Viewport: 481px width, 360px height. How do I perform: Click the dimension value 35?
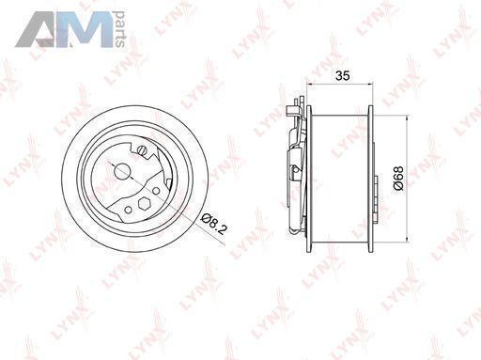tap(342, 76)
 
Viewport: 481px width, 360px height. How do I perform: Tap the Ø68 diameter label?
tap(398, 179)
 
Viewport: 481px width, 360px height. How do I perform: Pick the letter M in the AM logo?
tap(85, 30)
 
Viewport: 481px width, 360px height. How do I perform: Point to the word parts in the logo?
tap(119, 29)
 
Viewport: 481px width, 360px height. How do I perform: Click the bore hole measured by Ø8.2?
tap(122, 172)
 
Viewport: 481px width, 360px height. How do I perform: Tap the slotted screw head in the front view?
tap(143, 150)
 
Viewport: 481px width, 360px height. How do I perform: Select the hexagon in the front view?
tap(145, 204)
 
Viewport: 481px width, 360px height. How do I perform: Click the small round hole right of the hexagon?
tap(156, 191)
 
